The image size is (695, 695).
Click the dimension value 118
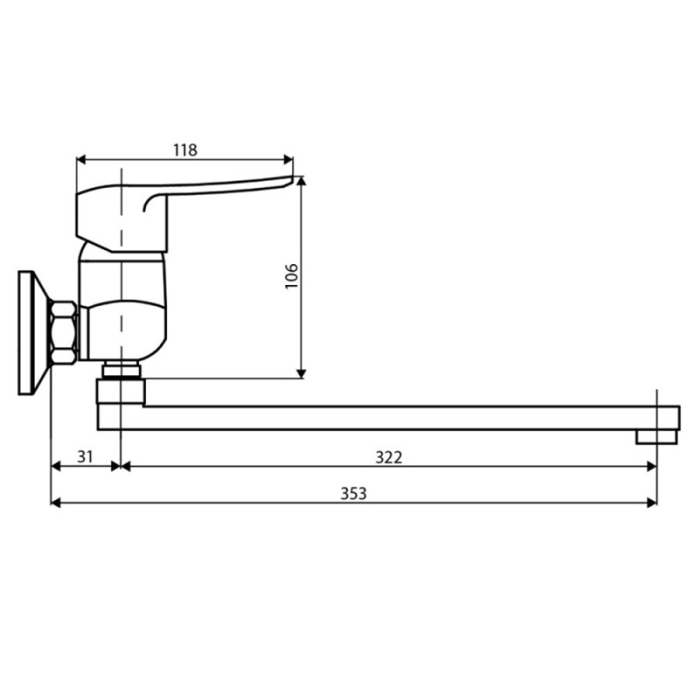pos(185,150)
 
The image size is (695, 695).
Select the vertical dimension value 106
pos(291,276)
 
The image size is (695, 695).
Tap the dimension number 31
pos(85,457)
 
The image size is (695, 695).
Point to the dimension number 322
pos(388,457)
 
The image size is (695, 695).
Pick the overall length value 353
pos(354,493)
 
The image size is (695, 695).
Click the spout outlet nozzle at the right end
pos(657,437)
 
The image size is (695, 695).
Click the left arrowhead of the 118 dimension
pos(82,160)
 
